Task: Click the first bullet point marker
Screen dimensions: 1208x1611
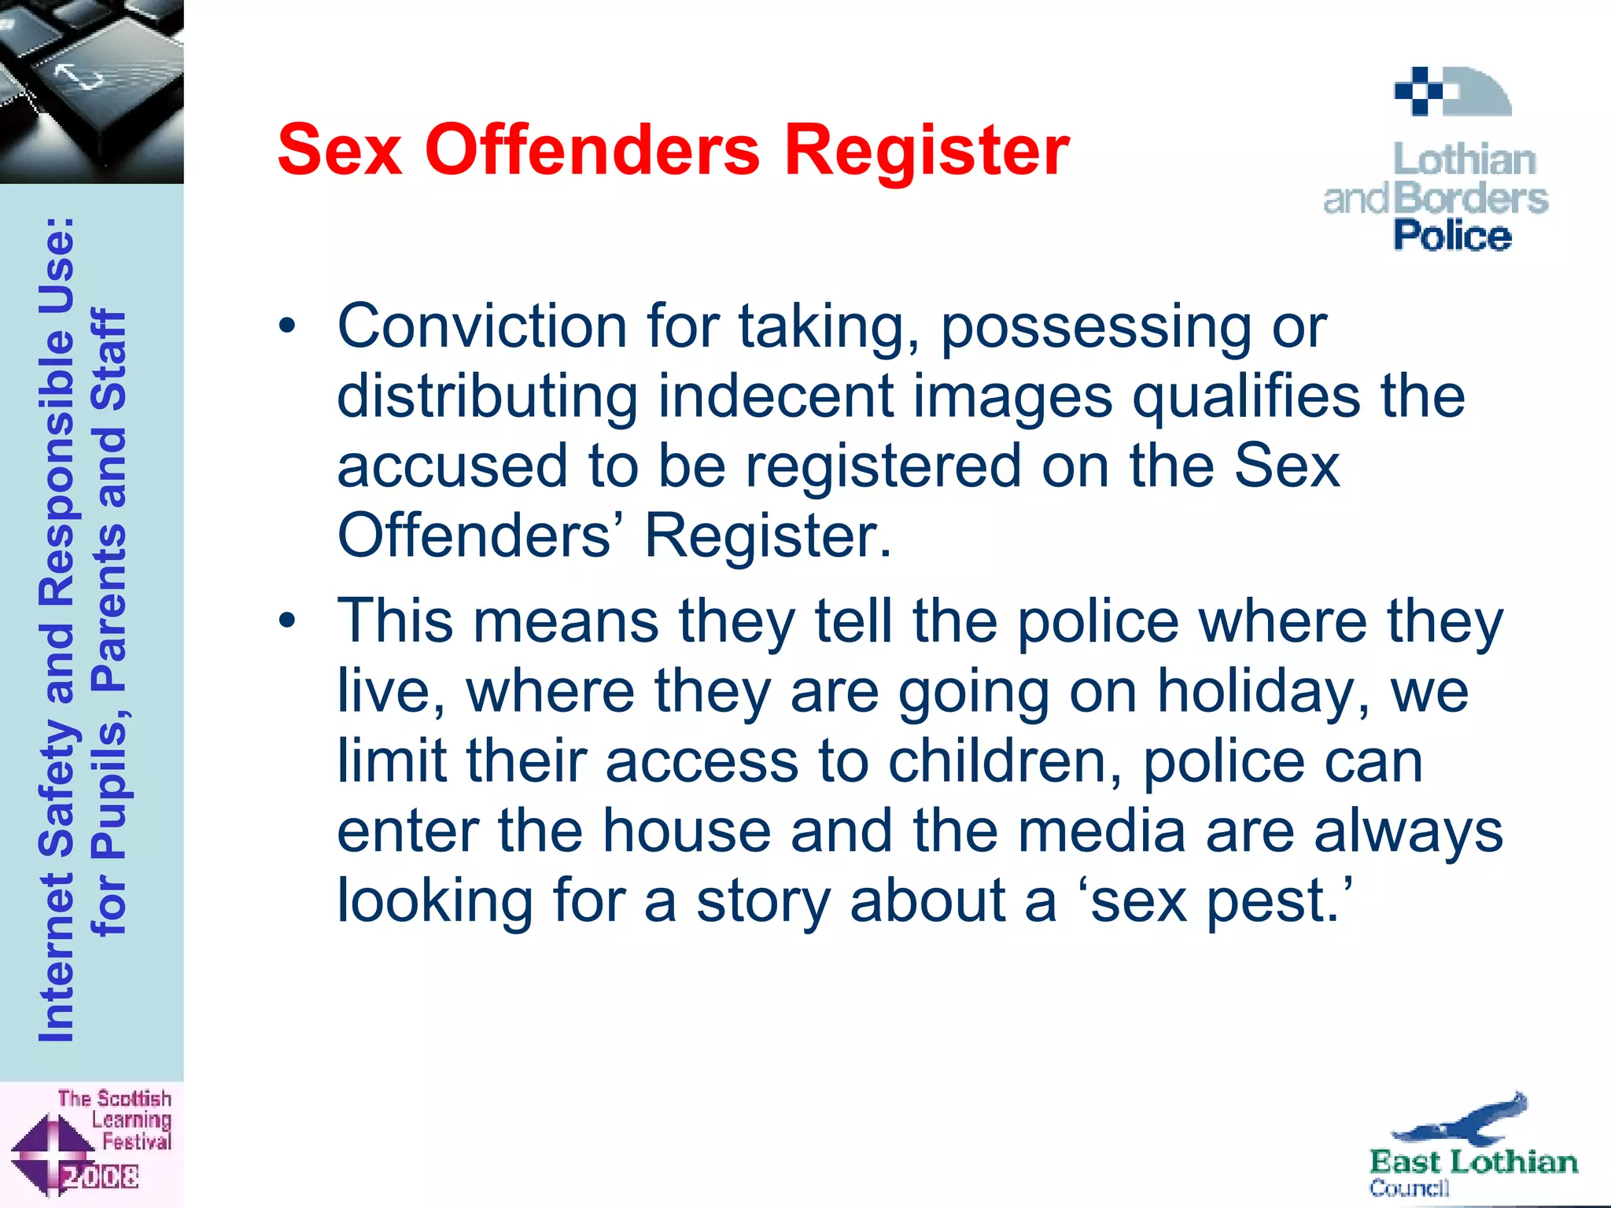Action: click(288, 325)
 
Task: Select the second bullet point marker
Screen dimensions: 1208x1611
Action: click(288, 621)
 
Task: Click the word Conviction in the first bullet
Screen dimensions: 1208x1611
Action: click(481, 326)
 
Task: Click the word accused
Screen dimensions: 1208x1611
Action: click(452, 466)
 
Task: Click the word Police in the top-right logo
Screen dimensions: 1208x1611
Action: click(1452, 236)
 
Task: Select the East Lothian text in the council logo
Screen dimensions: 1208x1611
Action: click(1473, 1162)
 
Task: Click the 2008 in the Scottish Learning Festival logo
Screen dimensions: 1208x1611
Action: click(101, 1177)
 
